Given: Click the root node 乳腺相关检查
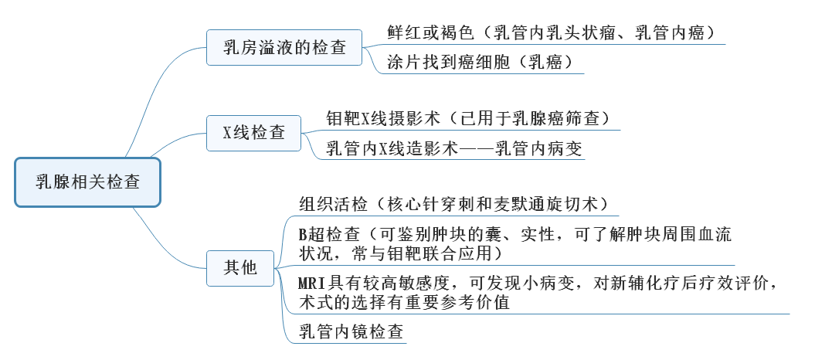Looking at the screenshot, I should click(x=87, y=182).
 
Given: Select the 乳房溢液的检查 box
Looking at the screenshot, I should click(x=285, y=49).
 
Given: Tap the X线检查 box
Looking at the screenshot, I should click(x=254, y=132).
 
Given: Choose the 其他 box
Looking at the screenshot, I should click(x=240, y=268).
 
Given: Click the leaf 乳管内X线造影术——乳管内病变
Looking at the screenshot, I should click(x=454, y=148).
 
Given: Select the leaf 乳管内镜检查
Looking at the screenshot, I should click(x=351, y=333).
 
